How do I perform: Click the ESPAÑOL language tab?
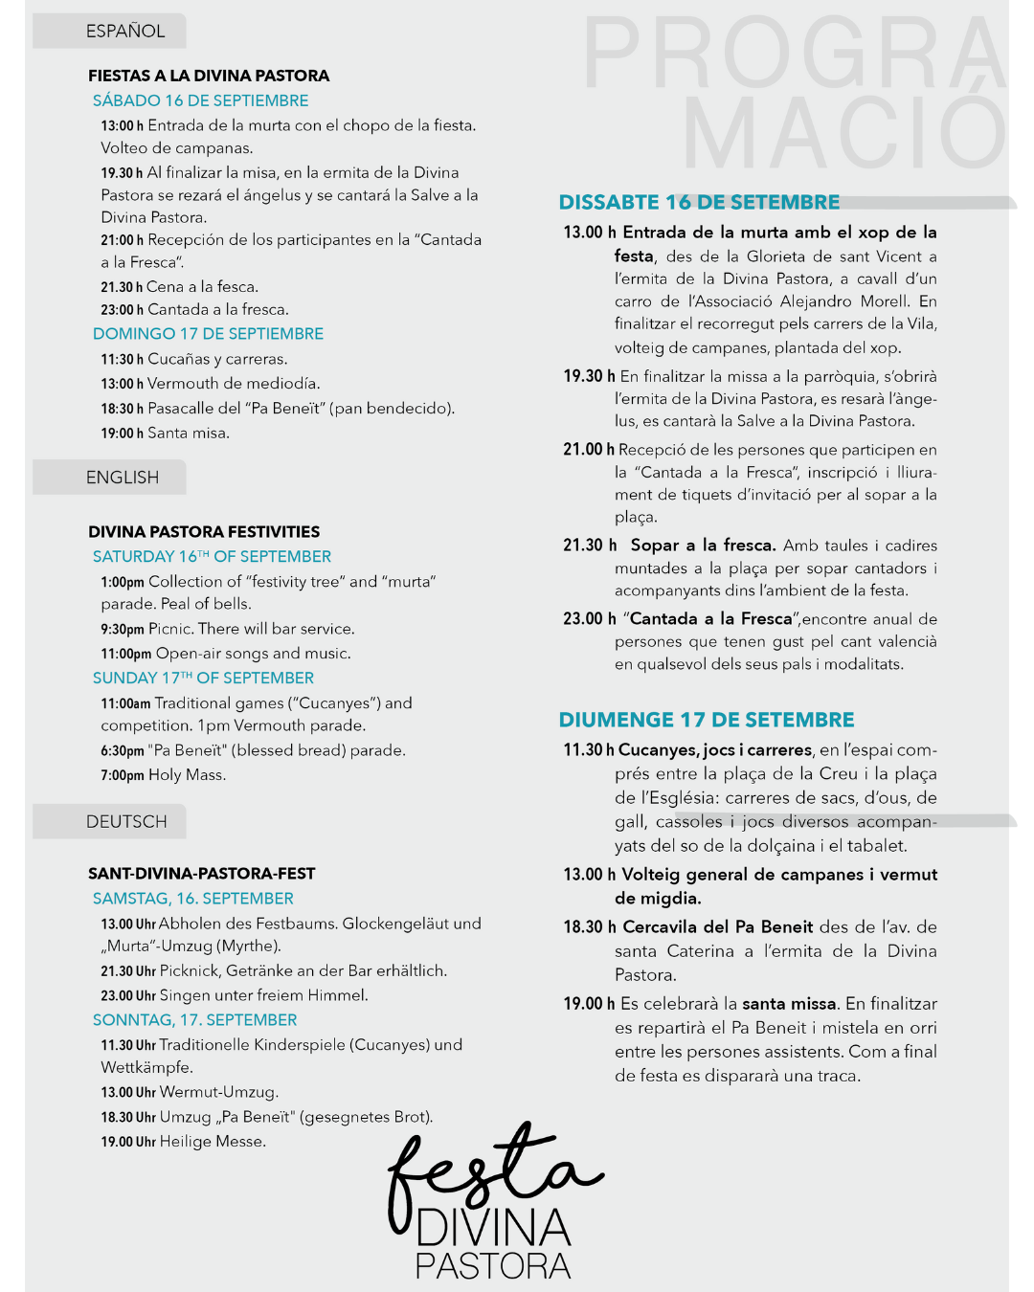coord(124,32)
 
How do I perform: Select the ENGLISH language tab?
coord(123,478)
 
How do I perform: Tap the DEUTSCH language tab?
coord(126,822)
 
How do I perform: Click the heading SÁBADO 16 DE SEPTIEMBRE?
coord(200,100)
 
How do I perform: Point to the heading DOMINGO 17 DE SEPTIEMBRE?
coord(208,334)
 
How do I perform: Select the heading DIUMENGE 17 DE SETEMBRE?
coord(707,720)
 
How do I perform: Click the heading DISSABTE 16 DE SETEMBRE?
coord(699,202)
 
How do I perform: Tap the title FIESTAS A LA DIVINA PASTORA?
coord(209,76)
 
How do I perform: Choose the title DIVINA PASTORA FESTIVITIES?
coord(204,532)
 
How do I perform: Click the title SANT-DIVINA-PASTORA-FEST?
coord(201,874)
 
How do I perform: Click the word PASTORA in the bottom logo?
coord(493,1266)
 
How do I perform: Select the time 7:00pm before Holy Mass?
coord(123,775)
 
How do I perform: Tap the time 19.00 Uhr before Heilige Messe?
coord(128,1142)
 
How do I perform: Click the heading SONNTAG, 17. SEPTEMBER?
coord(194,1020)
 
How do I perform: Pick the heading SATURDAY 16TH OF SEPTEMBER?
coord(212,557)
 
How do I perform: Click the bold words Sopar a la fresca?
coord(703,546)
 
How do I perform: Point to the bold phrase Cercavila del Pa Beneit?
coord(718,926)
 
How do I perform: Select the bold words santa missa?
coord(790,1003)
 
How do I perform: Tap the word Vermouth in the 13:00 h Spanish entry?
coord(183,384)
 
